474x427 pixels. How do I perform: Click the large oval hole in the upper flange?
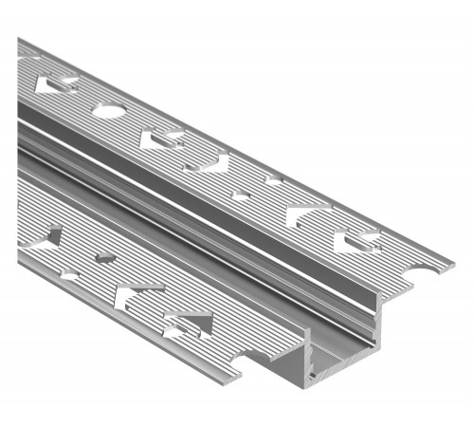[106, 111]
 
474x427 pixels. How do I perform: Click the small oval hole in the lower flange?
[105, 257]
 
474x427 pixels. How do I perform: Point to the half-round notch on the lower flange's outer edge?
[69, 275]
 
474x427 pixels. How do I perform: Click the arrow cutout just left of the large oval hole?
[54, 85]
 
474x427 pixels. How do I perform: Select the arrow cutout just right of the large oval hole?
[159, 139]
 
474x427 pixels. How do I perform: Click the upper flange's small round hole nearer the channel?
[244, 195]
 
